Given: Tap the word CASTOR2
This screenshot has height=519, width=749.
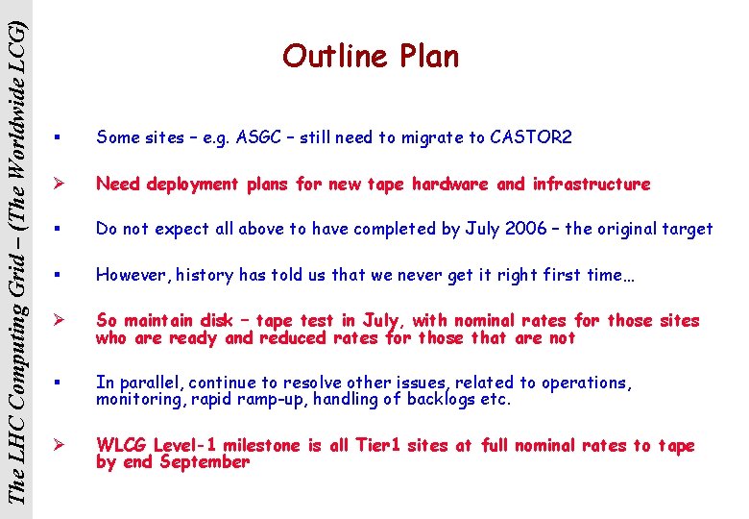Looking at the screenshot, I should [531, 137].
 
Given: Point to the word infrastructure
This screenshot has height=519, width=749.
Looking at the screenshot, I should [591, 184].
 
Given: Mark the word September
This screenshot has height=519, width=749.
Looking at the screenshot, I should [205, 462].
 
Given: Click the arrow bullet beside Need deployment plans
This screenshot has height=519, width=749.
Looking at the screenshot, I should [60, 184].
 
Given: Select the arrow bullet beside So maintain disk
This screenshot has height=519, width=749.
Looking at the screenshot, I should [60, 321].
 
